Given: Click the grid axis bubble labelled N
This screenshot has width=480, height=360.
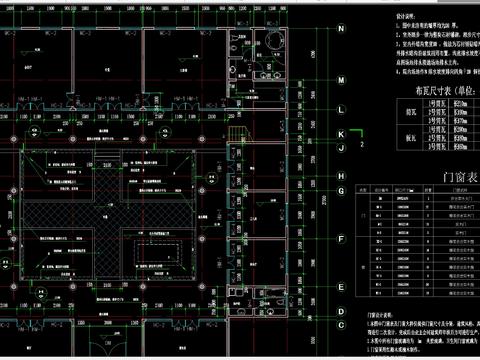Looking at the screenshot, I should pyautogui.click(x=341, y=28).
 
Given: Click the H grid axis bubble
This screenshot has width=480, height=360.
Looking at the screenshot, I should pyautogui.click(x=341, y=177).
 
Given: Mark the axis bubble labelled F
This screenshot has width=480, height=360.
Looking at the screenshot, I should pyautogui.click(x=341, y=238).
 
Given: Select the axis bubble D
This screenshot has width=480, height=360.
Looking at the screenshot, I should pyautogui.click(x=341, y=287).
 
